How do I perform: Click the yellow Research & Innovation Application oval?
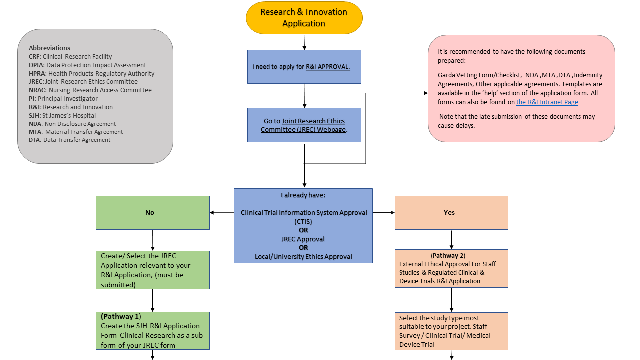click(304, 18)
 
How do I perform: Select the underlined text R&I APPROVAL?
click(328, 67)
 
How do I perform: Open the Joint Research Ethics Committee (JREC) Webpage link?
click(304, 125)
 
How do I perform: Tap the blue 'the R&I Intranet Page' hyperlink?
click(547, 102)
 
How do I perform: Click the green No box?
click(152, 213)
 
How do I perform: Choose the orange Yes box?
click(451, 213)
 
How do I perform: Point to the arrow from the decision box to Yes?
click(383, 213)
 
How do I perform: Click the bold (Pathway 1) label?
click(121, 317)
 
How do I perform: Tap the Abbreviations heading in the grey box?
click(49, 48)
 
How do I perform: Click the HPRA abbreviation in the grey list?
click(37, 73)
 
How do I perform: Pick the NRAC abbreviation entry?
click(38, 90)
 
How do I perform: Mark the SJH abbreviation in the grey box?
click(34, 115)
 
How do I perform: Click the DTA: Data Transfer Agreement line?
click(69, 140)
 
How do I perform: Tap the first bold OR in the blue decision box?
click(303, 230)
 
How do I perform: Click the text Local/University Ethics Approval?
click(303, 257)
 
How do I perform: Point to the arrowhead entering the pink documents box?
click(425, 93)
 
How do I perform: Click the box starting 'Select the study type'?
click(451, 331)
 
